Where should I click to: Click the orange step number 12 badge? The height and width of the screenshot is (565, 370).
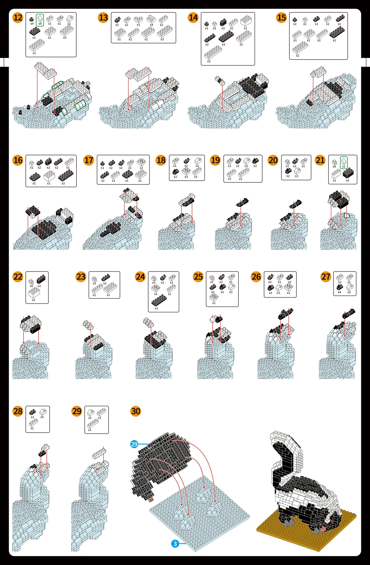pos(18,18)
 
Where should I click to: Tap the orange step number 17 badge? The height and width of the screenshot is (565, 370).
pos(89,160)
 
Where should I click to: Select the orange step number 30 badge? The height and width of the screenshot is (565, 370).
pos(136,411)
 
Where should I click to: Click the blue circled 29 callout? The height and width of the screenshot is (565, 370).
pos(134,444)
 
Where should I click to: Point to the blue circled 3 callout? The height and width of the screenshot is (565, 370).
pos(175,543)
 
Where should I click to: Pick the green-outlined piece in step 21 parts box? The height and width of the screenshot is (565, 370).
pos(344,163)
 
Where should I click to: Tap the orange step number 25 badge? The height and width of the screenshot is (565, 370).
pos(198,277)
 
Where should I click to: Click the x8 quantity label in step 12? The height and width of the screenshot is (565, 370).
pos(40,24)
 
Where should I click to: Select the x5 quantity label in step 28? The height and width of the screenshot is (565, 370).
pos(42,417)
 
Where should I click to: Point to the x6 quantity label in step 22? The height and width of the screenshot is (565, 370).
pos(31,286)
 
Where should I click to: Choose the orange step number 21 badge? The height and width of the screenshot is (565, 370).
pos(320,160)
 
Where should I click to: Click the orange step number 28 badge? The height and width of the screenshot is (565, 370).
pos(18,411)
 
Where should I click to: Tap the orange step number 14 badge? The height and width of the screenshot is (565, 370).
pos(193,18)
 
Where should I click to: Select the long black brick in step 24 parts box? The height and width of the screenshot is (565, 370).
pos(159,300)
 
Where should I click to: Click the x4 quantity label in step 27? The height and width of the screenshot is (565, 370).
pos(339,292)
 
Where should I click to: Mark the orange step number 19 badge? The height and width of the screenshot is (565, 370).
pos(215,160)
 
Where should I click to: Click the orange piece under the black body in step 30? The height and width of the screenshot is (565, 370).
pos(151,499)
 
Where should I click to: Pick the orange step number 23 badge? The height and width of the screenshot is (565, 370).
pos(81,277)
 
